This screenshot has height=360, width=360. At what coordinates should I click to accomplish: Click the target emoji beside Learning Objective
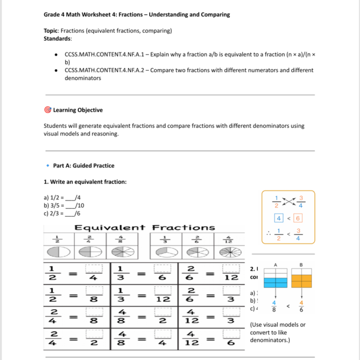[47, 110]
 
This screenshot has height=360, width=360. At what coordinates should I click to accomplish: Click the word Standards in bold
[58, 39]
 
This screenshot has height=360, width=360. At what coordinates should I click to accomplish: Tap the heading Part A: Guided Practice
[83, 166]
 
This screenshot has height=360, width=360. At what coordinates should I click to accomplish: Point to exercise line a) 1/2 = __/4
[59, 198]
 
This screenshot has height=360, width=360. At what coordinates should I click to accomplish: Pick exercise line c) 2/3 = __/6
[59, 213]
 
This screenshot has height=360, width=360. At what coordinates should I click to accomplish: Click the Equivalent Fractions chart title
[145, 227]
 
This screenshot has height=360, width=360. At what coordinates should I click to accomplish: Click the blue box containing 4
[278, 217]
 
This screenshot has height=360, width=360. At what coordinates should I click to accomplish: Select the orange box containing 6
[298, 217]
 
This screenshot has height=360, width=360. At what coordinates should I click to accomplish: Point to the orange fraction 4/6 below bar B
[301, 307]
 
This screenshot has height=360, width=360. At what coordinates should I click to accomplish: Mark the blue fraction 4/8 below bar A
[274, 307]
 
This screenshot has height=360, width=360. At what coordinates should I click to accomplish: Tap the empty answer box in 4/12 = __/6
[230, 336]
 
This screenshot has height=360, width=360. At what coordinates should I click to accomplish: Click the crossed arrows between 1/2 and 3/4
[289, 202]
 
